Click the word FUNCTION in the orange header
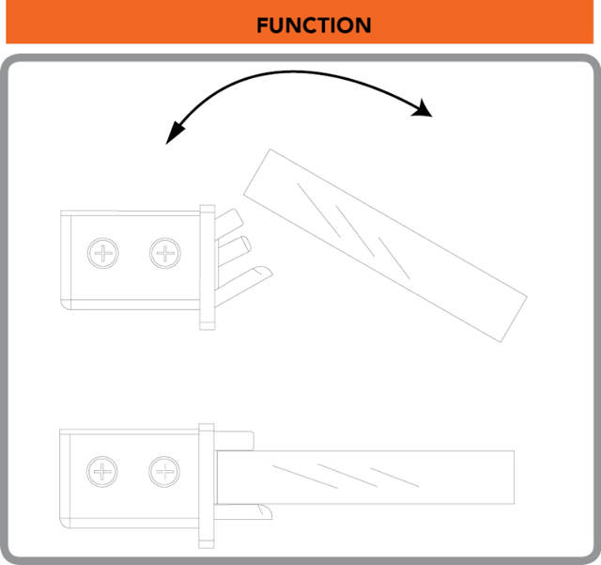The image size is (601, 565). [314, 25]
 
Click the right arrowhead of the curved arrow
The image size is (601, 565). [423, 108]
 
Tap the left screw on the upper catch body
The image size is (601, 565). [103, 253]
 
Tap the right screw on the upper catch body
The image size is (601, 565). [165, 253]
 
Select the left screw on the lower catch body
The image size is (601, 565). [102, 472]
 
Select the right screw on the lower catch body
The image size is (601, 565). [164, 472]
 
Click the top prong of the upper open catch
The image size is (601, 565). [229, 224]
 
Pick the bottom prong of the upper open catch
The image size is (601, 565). [244, 285]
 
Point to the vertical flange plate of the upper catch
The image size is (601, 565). [208, 267]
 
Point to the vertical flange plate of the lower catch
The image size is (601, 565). [207, 486]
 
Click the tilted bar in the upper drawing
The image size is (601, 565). [385, 245]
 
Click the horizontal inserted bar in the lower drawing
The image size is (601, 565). [365, 478]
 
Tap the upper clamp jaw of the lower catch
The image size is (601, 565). [234, 441]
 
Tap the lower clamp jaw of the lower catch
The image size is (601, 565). [243, 511]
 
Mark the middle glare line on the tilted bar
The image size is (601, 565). [355, 231]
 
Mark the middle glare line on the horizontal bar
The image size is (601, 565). [347, 476]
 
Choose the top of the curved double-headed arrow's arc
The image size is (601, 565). [293, 71]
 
